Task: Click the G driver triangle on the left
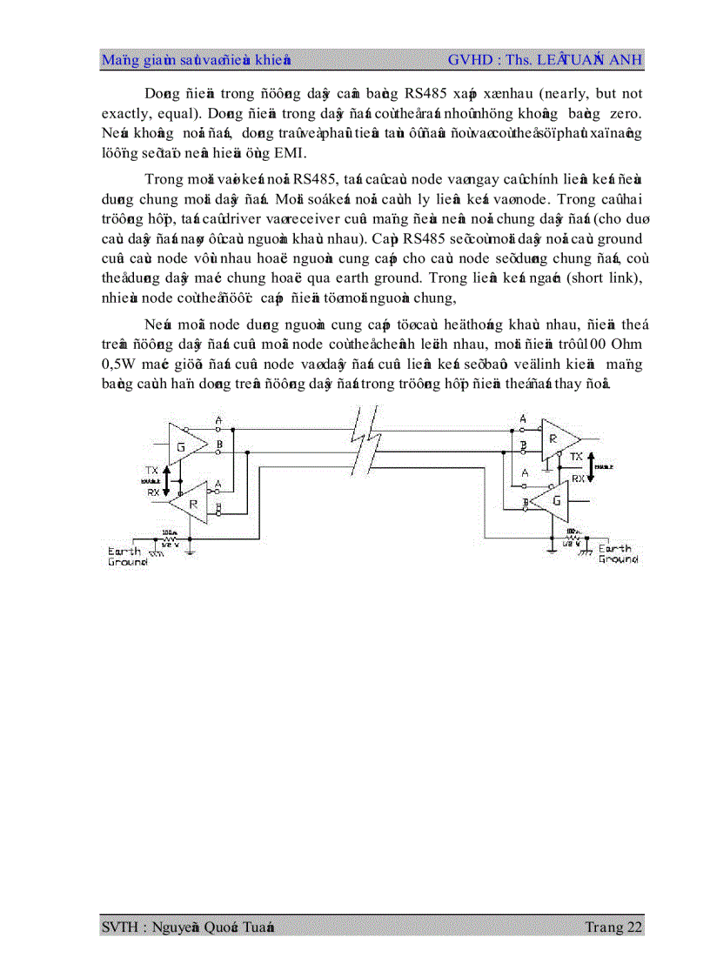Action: click(184, 445)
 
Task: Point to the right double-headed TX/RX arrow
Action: click(592, 466)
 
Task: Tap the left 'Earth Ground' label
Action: click(127, 556)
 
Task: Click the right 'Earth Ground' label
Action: click(618, 554)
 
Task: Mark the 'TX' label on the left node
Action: click(152, 470)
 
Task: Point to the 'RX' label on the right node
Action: click(577, 478)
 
